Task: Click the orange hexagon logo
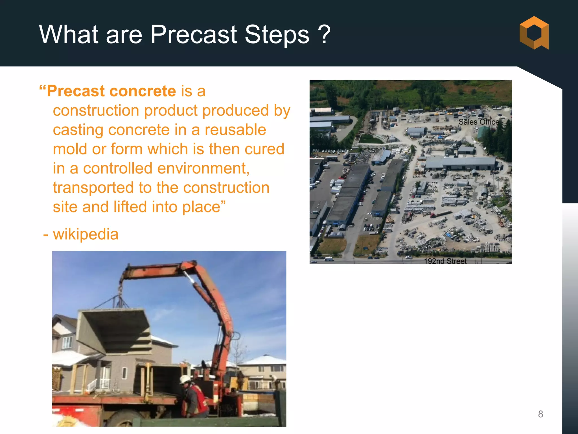click(534, 33)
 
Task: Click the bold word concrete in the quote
click(143, 91)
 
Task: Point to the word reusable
click(235, 130)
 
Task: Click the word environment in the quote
click(203, 169)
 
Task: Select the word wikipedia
click(86, 234)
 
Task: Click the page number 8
click(540, 414)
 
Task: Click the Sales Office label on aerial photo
click(479, 122)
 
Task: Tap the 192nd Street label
click(445, 261)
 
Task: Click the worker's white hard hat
click(185, 379)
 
